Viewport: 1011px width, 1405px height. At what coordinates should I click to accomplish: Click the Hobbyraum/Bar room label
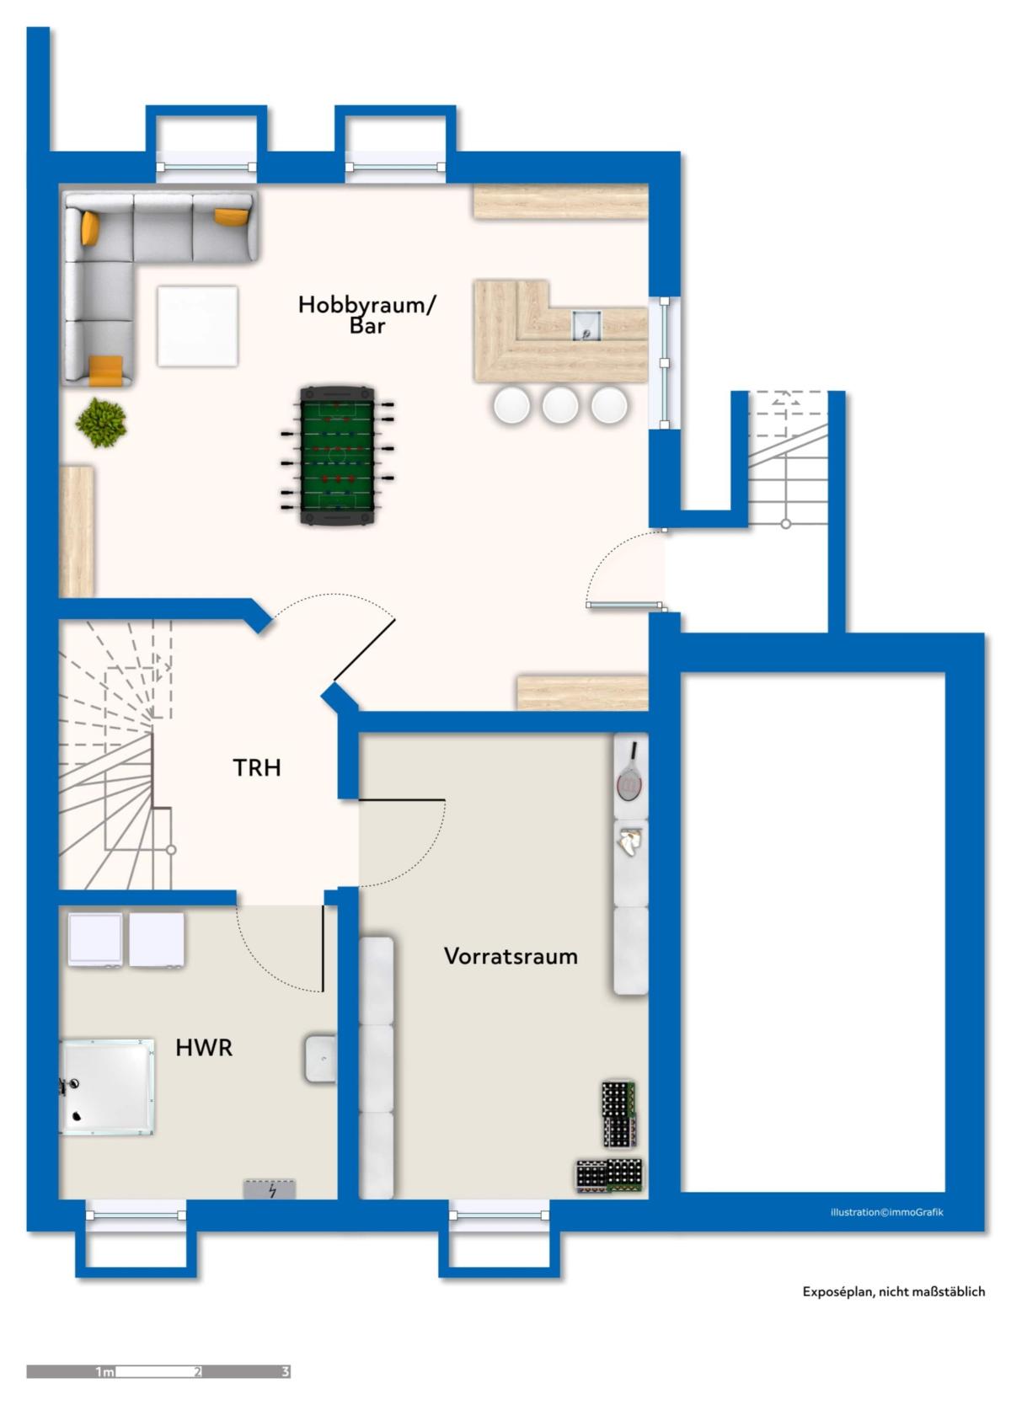(x=366, y=315)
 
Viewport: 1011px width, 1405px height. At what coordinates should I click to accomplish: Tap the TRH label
(x=256, y=767)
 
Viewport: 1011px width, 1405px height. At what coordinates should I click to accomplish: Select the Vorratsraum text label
(x=511, y=956)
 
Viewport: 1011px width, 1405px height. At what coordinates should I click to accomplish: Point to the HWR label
(x=204, y=1048)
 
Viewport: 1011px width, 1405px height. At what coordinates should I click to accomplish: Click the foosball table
(x=337, y=456)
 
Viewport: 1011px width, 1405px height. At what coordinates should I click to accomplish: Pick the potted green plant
(x=101, y=422)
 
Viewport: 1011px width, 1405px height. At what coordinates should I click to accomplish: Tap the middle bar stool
(x=560, y=404)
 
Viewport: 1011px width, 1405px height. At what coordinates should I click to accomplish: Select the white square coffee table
(x=197, y=326)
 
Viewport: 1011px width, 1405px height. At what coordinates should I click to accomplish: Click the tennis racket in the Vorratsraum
(x=629, y=773)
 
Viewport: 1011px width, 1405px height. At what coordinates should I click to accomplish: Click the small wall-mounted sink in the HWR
(x=320, y=1059)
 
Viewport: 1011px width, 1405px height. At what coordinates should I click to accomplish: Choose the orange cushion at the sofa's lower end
(x=105, y=370)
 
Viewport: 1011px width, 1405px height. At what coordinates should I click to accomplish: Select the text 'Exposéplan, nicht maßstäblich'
(x=894, y=1291)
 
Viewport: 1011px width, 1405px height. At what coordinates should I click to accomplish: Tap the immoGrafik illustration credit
(x=887, y=1212)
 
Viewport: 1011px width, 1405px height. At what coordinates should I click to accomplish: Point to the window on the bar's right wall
(x=664, y=362)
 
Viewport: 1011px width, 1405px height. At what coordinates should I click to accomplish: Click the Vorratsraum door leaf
(x=401, y=800)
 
